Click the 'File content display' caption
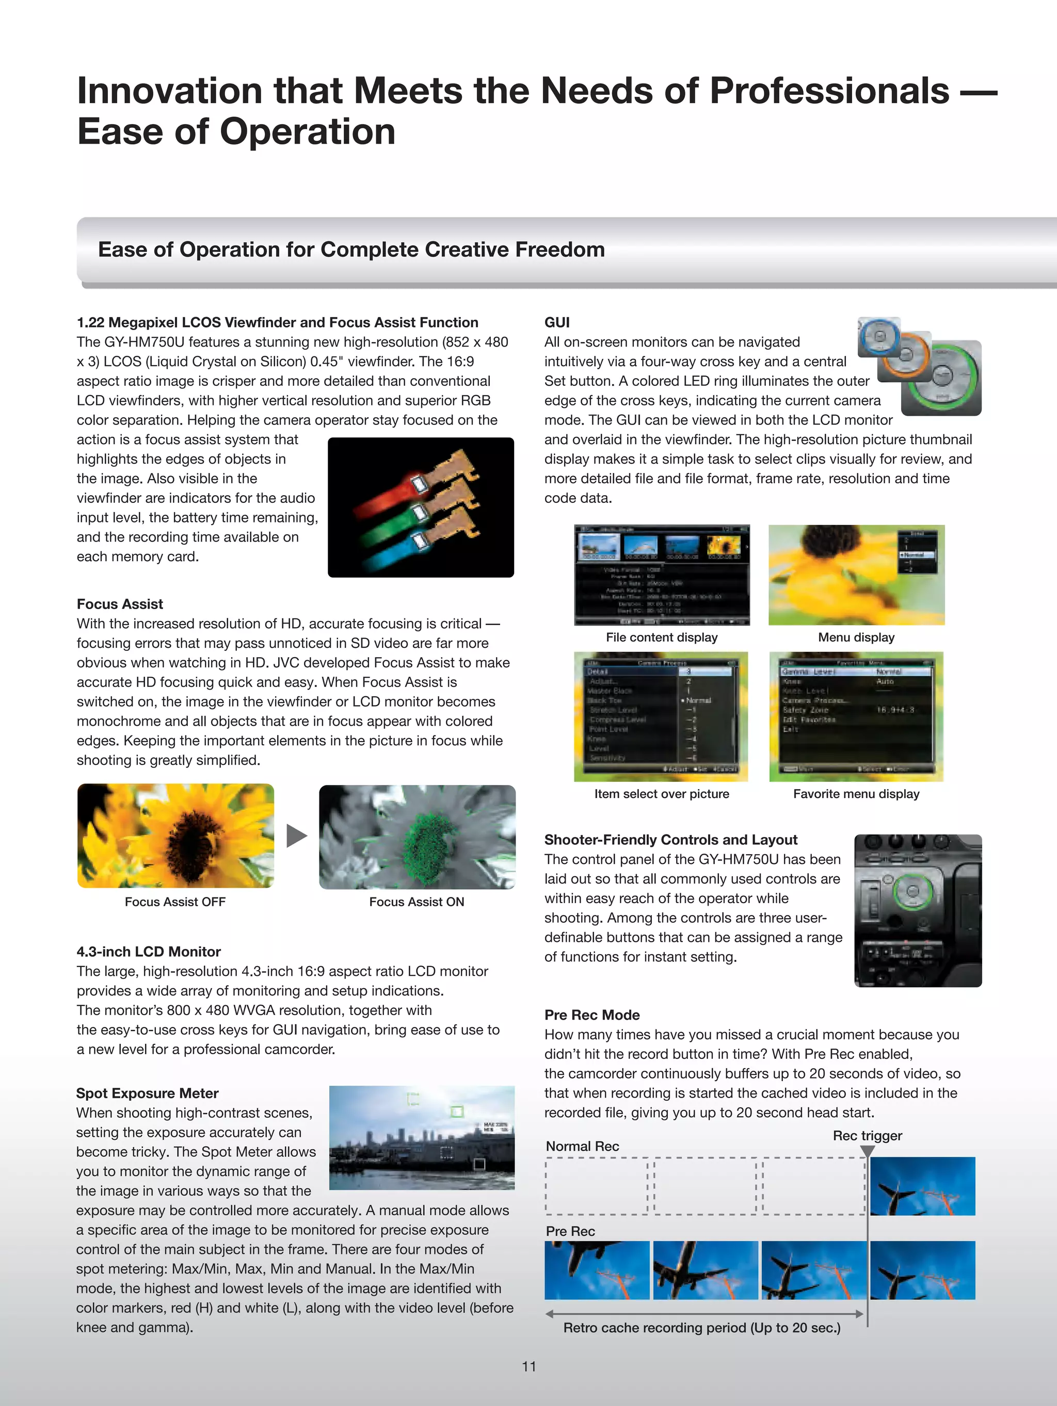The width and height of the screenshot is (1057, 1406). (x=662, y=637)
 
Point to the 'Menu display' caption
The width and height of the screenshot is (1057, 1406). (x=856, y=637)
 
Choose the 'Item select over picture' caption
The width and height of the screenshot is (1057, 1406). (x=662, y=793)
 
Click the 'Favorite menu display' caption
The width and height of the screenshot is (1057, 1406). (x=856, y=793)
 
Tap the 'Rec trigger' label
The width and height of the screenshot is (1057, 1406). (x=867, y=1135)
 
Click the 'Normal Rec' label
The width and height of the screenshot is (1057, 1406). (x=582, y=1146)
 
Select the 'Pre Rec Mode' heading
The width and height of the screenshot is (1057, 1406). (x=591, y=1015)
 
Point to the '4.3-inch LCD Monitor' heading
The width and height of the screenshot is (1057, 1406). (x=148, y=951)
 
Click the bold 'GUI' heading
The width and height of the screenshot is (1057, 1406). (x=556, y=322)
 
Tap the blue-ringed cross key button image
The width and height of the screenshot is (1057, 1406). (x=879, y=337)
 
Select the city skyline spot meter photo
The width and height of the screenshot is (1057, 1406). (x=422, y=1137)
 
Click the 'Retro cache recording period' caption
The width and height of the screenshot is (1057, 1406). (x=701, y=1327)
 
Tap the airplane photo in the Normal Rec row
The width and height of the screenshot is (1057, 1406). (x=922, y=1186)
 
